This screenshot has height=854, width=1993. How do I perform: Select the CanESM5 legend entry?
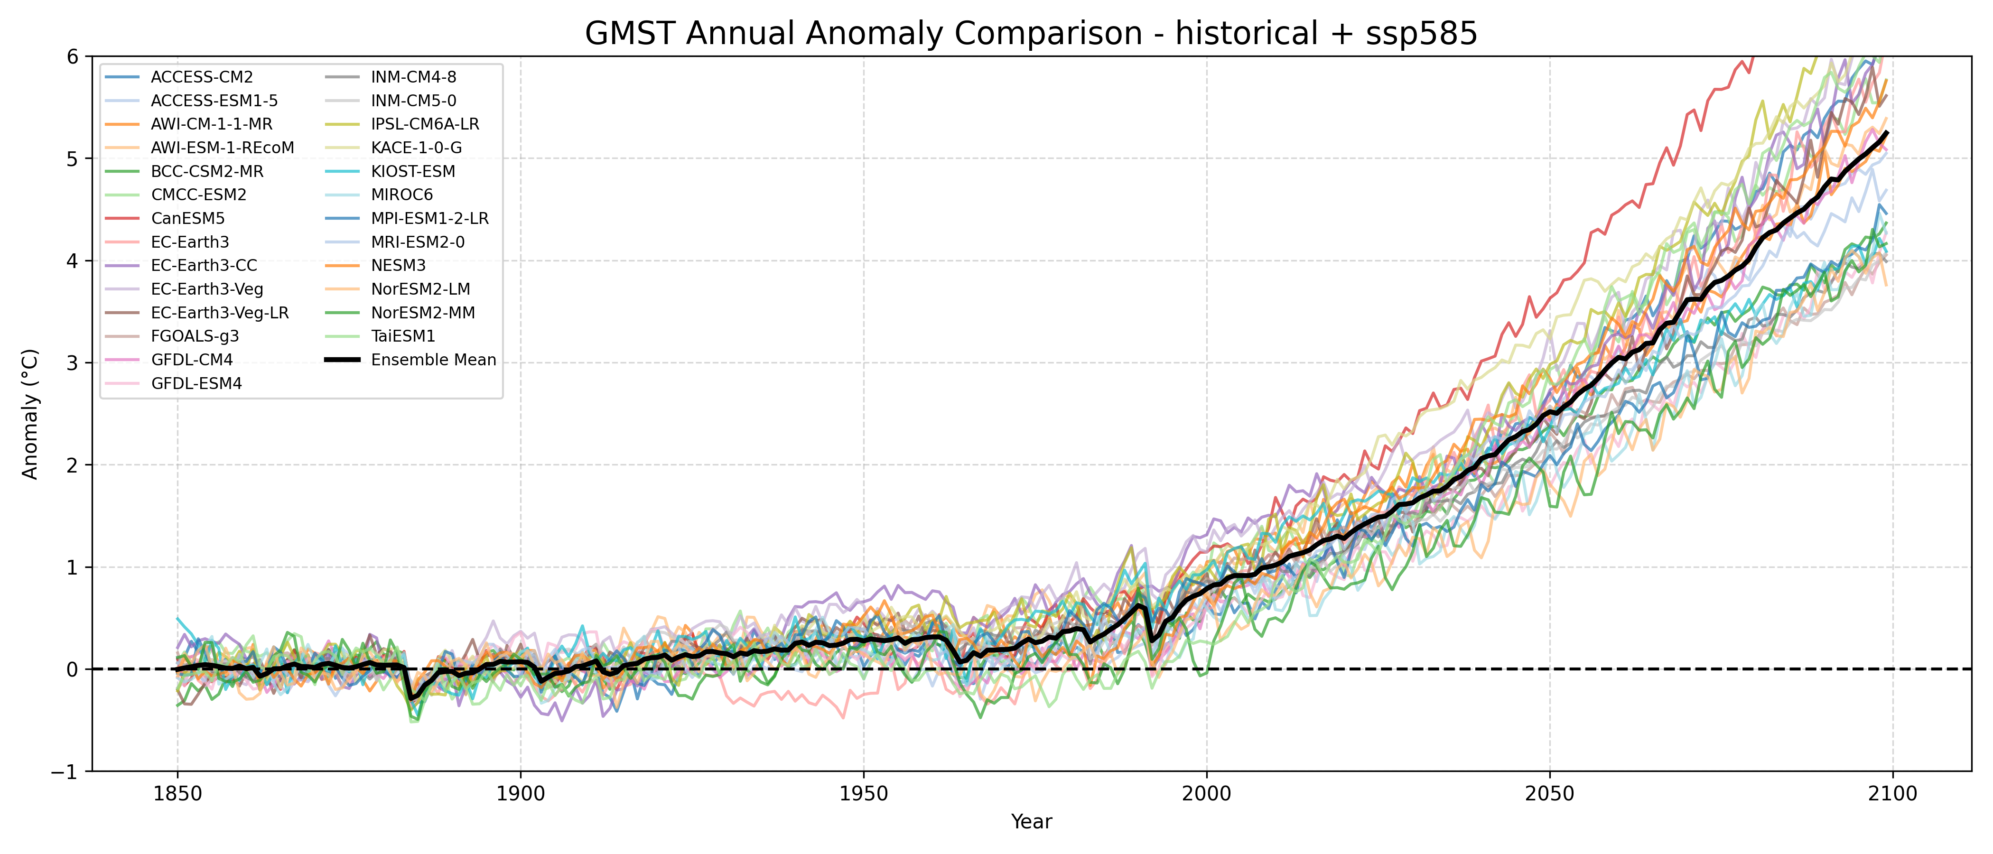[x=187, y=219]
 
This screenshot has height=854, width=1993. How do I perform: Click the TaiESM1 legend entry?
[x=403, y=336]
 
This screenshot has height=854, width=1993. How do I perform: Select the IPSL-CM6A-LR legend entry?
[x=425, y=124]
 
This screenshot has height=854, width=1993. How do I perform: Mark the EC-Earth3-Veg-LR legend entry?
[x=220, y=313]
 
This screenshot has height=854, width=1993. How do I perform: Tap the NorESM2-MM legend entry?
[x=422, y=313]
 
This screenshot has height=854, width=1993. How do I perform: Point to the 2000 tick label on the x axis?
[x=1206, y=794]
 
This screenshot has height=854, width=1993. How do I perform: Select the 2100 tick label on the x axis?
[x=1892, y=794]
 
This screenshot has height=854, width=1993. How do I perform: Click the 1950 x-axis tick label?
[x=864, y=794]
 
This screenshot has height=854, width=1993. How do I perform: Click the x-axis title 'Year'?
[x=1031, y=822]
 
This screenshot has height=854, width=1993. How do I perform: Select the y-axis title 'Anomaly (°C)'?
[x=30, y=414]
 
